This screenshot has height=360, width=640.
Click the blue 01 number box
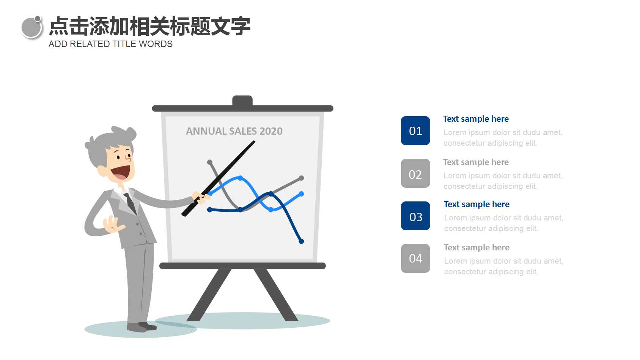(x=415, y=130)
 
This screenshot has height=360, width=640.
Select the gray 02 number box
(x=415, y=173)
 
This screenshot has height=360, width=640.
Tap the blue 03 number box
(x=415, y=216)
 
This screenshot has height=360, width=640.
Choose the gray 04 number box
(x=415, y=258)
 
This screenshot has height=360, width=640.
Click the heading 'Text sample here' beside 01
(x=476, y=119)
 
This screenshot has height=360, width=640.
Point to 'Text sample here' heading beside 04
(x=476, y=247)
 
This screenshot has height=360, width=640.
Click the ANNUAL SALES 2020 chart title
(x=234, y=131)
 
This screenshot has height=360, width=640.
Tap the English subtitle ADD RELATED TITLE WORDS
(x=110, y=44)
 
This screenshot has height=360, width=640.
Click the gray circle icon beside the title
(x=31, y=28)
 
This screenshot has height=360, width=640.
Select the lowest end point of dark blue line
(x=301, y=241)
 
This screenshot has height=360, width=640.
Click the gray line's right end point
(x=301, y=178)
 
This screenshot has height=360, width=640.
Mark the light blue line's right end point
(x=301, y=194)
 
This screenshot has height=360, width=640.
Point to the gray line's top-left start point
(x=210, y=162)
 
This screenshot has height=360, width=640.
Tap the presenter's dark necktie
(x=130, y=203)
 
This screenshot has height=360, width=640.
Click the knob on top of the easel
(x=242, y=101)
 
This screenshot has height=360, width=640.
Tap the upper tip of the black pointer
(x=253, y=142)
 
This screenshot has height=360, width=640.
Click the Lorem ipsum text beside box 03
(x=503, y=223)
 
